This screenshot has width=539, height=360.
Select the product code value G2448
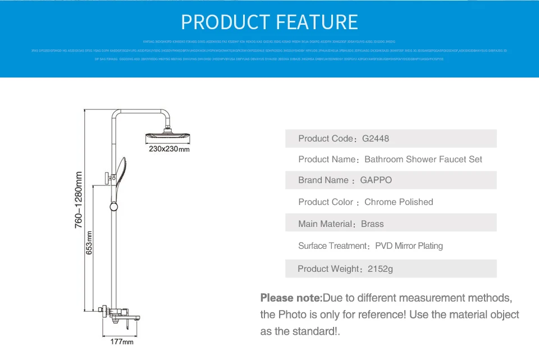(x=376, y=138)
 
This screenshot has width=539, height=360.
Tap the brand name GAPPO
(x=376, y=180)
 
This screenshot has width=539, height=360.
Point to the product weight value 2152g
(x=380, y=269)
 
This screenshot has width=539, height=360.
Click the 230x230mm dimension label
(x=169, y=149)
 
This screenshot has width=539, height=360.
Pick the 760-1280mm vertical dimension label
(x=79, y=199)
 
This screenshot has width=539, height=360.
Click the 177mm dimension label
(x=122, y=341)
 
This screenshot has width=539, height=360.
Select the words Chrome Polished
(x=399, y=202)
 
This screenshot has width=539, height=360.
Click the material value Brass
(x=372, y=224)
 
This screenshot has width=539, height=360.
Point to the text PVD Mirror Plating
(x=409, y=246)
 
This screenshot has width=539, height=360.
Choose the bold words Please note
(x=291, y=298)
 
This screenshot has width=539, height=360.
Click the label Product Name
(x=327, y=160)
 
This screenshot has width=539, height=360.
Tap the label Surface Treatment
(x=333, y=246)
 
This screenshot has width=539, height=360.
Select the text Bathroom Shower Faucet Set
(x=423, y=160)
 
